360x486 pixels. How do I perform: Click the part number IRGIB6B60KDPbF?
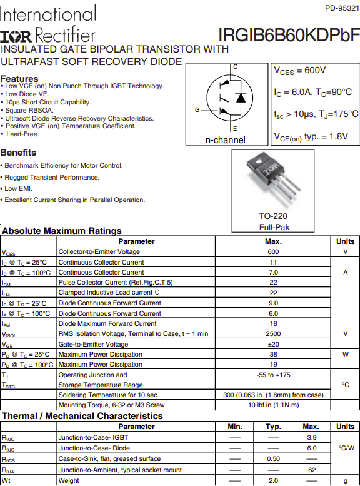289,35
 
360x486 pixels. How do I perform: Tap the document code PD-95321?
342,8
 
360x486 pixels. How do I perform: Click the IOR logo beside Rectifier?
16,36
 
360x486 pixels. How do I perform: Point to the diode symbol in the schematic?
241,98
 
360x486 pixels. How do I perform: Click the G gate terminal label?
197,109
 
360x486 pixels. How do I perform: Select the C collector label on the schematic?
235,67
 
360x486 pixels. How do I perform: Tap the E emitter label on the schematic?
235,128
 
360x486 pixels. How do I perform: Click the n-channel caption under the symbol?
225,140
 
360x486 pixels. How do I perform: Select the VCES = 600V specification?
299,71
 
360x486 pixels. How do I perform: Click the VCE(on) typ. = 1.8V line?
311,137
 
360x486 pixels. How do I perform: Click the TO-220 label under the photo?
273,216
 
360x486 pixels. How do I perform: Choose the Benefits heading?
18,153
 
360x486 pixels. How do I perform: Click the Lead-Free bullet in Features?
22,134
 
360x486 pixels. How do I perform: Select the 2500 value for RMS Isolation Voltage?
273,333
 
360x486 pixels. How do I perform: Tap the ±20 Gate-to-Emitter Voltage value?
273,344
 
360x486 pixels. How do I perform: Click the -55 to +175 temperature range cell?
273,375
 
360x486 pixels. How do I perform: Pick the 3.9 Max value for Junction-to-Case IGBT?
312,437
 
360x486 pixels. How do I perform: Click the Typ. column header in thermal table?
273,427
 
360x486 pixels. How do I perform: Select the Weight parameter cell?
69,480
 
